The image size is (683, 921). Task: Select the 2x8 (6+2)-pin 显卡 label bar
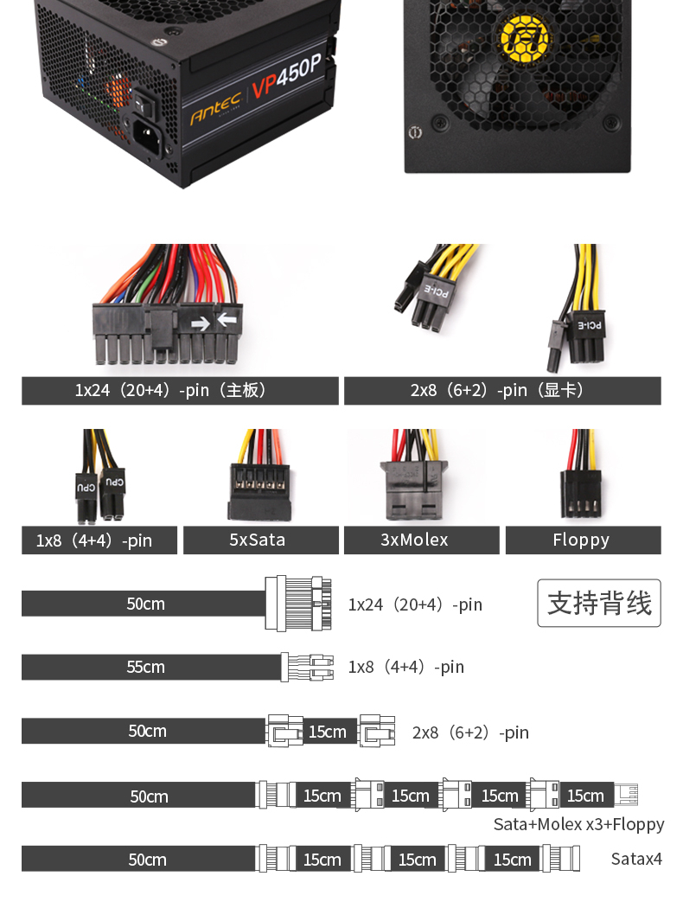coord(502,391)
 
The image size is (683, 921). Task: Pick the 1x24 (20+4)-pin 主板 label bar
coord(180,391)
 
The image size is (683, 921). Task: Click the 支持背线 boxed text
coord(599,603)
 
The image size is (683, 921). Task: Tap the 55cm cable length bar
coord(145,667)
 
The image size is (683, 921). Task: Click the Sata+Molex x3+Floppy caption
coord(578,824)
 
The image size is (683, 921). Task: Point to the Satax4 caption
coord(635,859)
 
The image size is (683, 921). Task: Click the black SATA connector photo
coord(260,491)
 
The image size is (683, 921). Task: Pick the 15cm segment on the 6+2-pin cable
coord(328,732)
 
